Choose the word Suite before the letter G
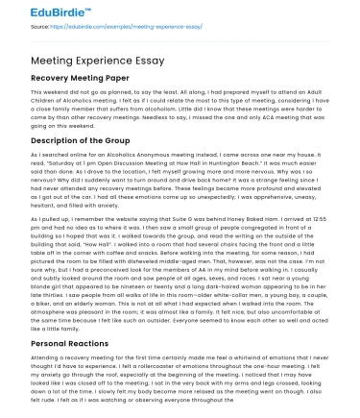(182, 218)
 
